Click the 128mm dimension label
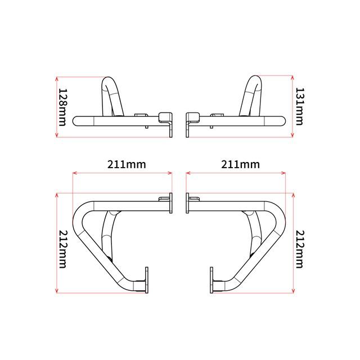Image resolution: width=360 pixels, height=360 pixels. coord(62,107)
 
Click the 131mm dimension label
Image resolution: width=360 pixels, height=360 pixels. coord(299,106)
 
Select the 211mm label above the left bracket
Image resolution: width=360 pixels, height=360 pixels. coord(127,165)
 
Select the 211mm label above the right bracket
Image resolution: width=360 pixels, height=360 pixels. coord(240,165)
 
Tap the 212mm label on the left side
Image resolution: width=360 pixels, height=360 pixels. coord(62,249)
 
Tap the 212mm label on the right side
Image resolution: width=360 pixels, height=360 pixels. coord(299,249)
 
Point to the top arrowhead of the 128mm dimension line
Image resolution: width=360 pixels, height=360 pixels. coord(57,78)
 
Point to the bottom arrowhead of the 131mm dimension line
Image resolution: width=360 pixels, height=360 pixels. coord(292,136)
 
